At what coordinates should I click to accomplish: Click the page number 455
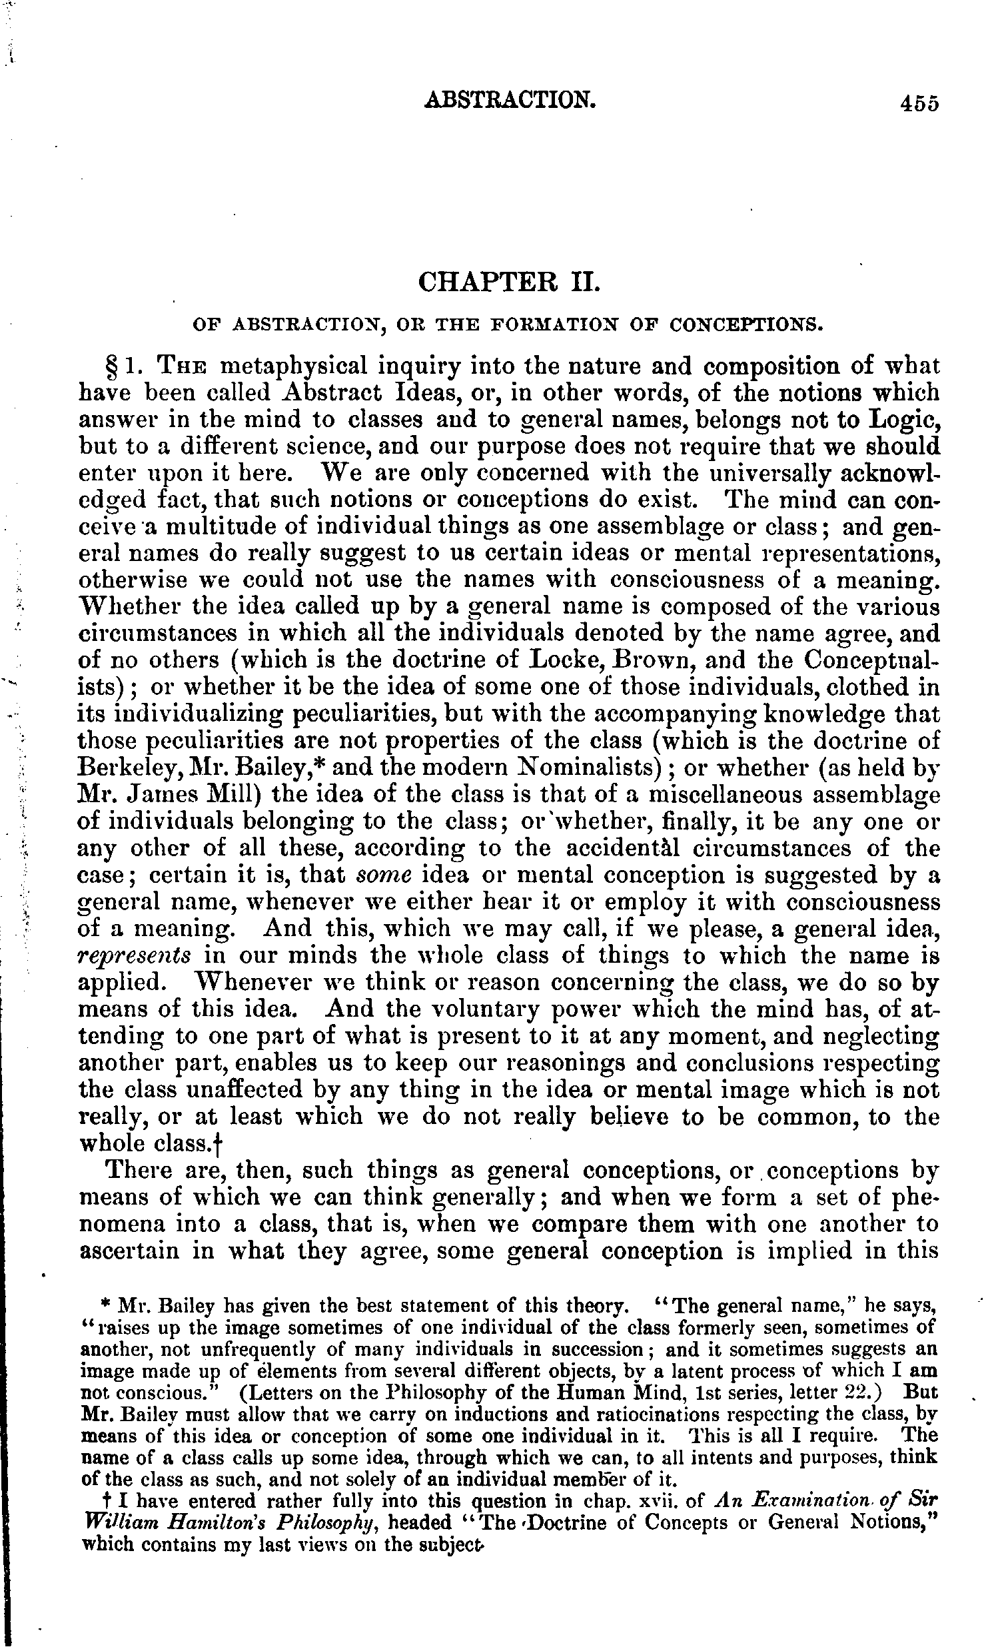pyautogui.click(x=919, y=104)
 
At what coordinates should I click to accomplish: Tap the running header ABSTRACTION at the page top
pyautogui.click(x=509, y=100)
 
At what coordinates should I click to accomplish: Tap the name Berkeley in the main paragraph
pyautogui.click(x=129, y=768)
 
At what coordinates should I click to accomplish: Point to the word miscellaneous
pyautogui.click(x=727, y=796)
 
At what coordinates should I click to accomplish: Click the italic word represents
pyautogui.click(x=135, y=957)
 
